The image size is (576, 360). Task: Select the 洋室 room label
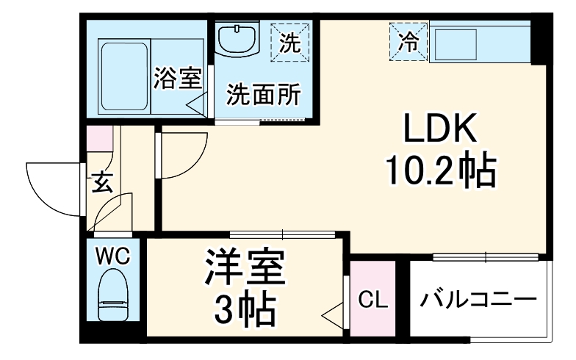pos(244,270)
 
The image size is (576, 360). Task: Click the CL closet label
pos(372,300)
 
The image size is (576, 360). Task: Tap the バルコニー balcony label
pos(478,300)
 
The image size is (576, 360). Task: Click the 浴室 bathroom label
pos(176,79)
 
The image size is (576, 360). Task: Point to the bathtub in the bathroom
pos(123,76)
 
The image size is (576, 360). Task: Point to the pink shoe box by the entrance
pos(97,139)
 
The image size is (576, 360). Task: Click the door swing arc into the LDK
pos(184,154)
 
